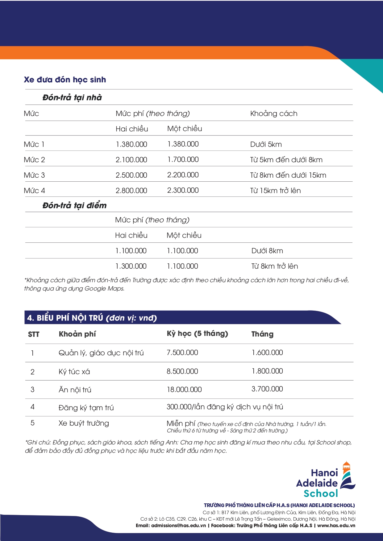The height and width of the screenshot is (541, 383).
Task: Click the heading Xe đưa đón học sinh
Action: coord(65,80)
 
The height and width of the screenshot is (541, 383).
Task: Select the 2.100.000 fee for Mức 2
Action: coord(131,160)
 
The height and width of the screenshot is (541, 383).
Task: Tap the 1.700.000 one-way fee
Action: coord(183,159)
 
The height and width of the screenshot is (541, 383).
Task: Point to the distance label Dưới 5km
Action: coord(266,144)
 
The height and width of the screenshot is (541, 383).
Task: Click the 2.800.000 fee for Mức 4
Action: coord(131,191)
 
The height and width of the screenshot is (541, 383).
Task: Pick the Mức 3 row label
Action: coord(34,175)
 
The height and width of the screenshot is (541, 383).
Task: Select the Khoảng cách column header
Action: coord(274,114)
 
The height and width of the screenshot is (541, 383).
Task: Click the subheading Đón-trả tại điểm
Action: coord(74,205)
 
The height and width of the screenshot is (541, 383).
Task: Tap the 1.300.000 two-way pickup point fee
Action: coord(131,266)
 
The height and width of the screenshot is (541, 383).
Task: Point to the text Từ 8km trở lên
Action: coord(274,266)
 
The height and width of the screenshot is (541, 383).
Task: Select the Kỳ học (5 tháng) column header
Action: coord(197,333)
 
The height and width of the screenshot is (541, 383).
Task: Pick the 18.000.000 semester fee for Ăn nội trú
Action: coord(184,390)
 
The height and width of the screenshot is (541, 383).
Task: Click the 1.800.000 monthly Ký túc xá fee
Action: coord(267,371)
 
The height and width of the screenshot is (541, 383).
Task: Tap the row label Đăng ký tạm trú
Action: coord(86,408)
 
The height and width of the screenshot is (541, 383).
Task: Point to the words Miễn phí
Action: coord(181,423)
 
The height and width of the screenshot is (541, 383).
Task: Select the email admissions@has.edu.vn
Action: coord(178,526)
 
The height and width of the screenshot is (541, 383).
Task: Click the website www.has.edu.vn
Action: coord(336,526)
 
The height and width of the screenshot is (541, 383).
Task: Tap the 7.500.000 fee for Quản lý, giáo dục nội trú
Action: coord(182,353)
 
